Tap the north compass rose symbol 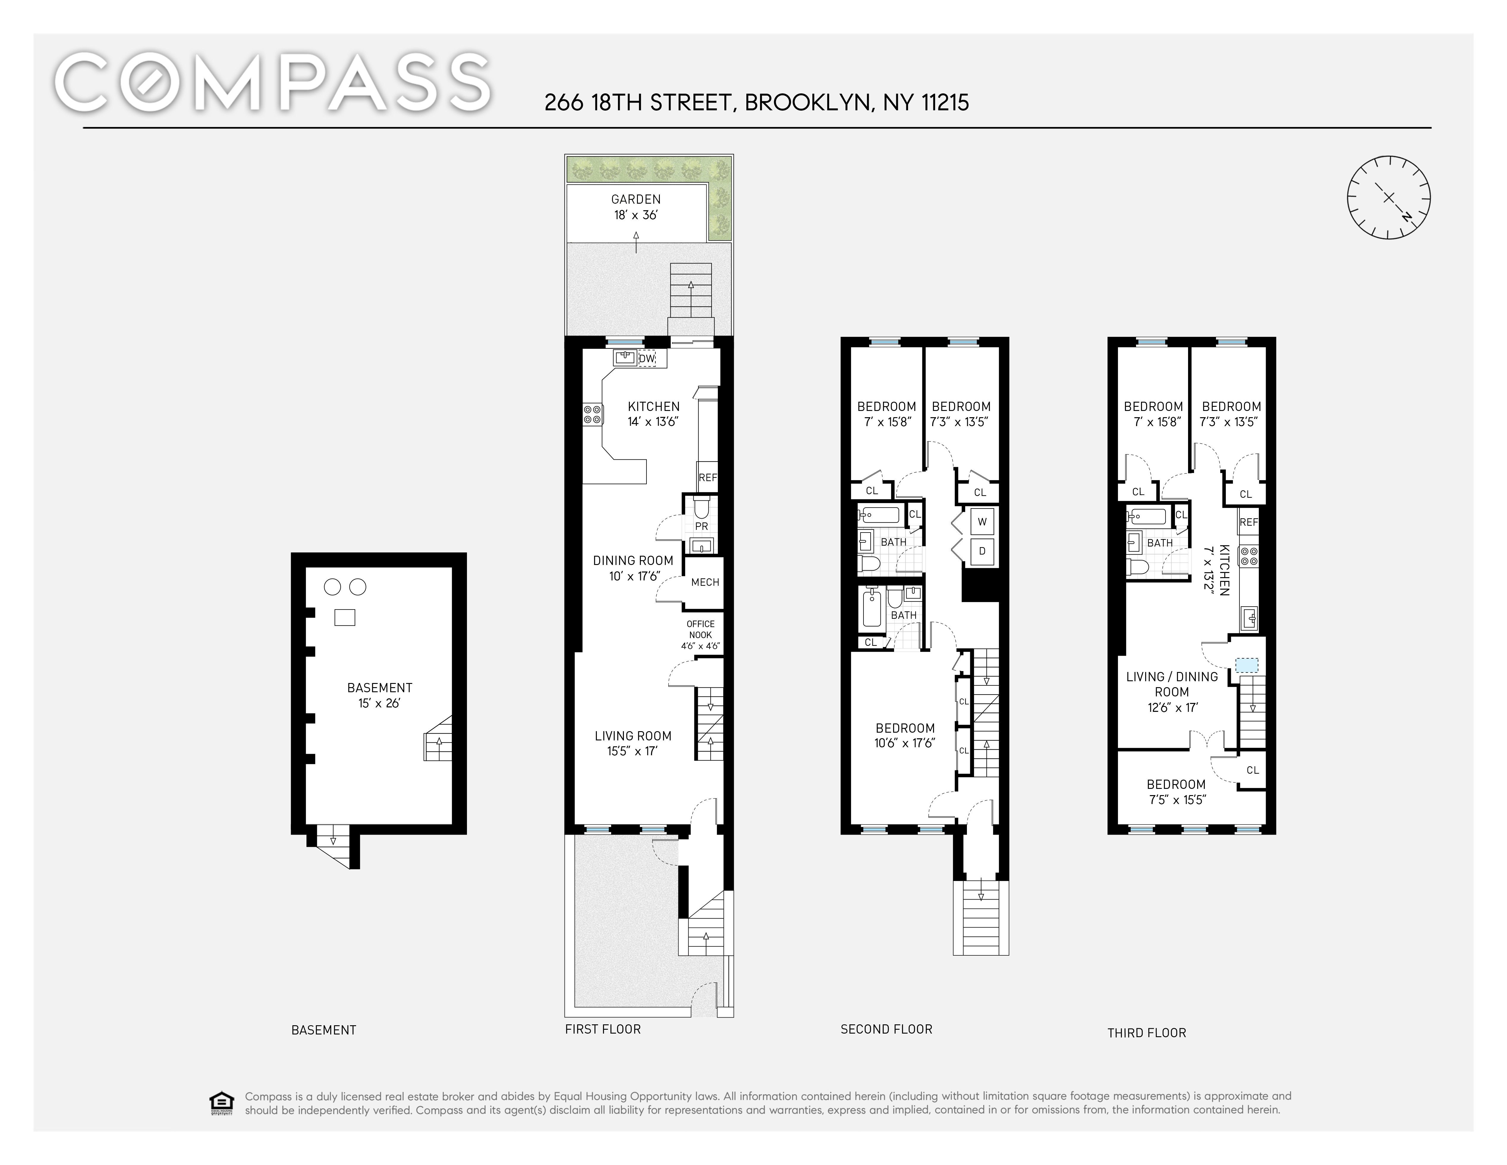click(1389, 197)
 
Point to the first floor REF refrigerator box click(707, 477)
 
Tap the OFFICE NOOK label click(700, 629)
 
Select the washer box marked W click(982, 522)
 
